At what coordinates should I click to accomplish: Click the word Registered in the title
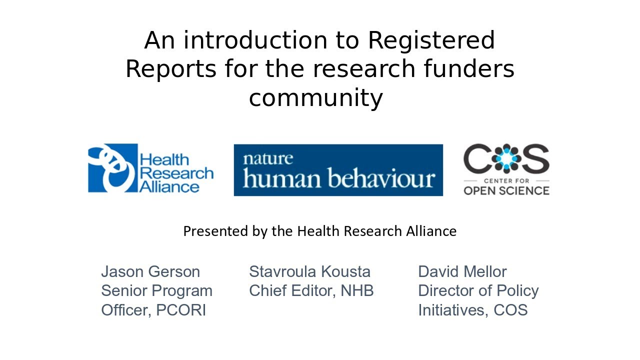[x=431, y=40]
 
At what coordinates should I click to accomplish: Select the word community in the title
[x=315, y=97]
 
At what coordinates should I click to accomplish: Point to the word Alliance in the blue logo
[x=169, y=187]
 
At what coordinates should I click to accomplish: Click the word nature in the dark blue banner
[x=267, y=159]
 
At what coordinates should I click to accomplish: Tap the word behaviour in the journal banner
[x=380, y=178]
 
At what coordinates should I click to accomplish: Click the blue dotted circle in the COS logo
[x=506, y=158]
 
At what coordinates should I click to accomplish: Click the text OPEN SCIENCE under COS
[x=506, y=190]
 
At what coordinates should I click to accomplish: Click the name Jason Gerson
[x=150, y=271]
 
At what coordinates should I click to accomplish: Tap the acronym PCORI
[x=181, y=310]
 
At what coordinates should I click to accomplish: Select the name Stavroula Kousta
[x=309, y=271]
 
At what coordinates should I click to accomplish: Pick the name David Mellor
[x=462, y=271]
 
